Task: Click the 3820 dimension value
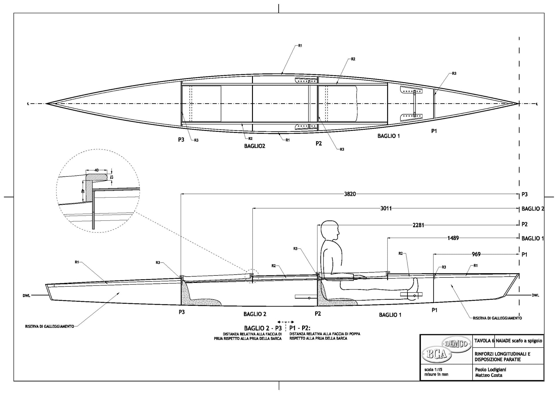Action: point(350,194)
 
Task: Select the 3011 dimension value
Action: point(386,208)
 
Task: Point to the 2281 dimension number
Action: point(418,225)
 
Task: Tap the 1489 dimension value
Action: point(453,238)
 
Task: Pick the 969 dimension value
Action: point(476,254)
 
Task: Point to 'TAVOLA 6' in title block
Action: point(484,341)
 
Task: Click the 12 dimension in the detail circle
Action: point(112,177)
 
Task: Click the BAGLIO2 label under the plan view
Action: point(255,146)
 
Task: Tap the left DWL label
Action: point(26,295)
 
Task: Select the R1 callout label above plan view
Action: point(300,46)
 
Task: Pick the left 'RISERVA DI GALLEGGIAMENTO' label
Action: point(50,326)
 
